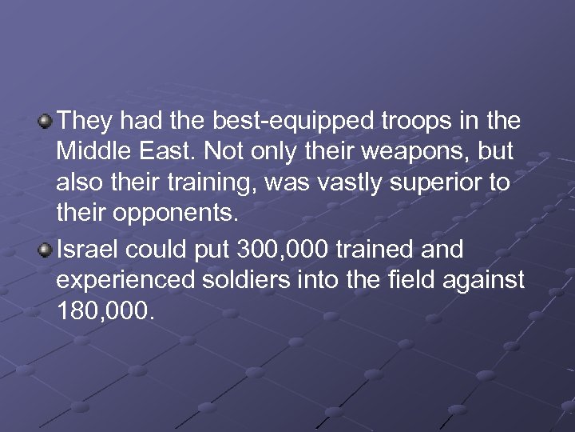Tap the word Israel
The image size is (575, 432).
pos(85,250)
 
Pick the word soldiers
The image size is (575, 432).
pos(244,280)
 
